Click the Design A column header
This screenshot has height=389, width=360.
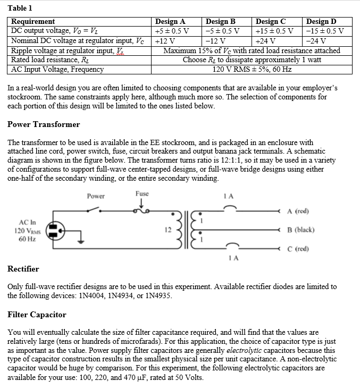pos(170,22)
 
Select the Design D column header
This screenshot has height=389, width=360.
pos(321,22)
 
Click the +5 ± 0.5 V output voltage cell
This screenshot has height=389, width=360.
pos(171,30)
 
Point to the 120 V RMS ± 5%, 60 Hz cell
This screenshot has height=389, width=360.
pos(252,69)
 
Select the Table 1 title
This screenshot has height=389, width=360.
pos(20,8)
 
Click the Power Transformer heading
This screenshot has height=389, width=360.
pos(44,124)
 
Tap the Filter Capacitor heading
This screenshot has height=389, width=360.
pos(37,315)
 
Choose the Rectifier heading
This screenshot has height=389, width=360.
pos(23,269)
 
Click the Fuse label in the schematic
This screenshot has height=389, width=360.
pos(142,194)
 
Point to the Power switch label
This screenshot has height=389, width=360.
pos(96,196)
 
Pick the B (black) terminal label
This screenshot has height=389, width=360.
pos(300,230)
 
